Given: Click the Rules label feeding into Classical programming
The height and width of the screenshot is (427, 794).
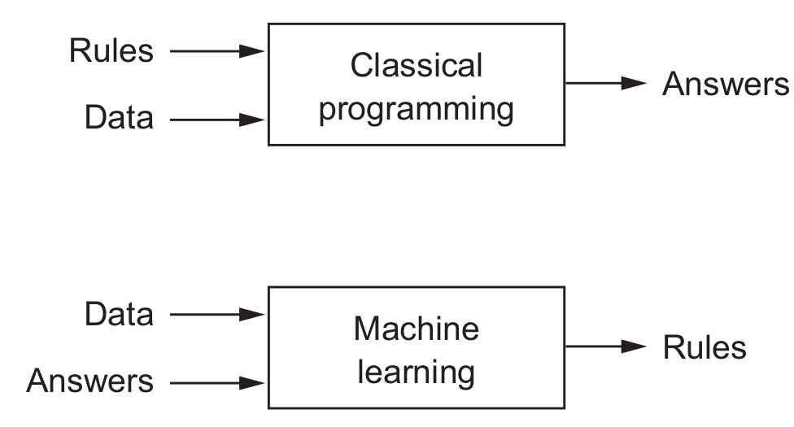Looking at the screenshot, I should (111, 51).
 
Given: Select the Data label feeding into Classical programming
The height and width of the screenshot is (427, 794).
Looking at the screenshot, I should (119, 119).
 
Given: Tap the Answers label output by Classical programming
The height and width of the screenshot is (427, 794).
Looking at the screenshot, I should (725, 84).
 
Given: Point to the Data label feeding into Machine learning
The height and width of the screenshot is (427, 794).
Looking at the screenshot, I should (119, 315).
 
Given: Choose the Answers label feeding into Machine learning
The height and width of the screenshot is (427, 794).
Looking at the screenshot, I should (89, 381).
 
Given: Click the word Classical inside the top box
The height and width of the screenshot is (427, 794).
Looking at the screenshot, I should (416, 66).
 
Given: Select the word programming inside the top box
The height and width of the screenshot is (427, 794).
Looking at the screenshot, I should (416, 109).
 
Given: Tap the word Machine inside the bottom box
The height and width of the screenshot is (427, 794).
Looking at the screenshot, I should (416, 329).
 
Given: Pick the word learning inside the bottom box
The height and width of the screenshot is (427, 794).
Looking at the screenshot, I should (416, 373).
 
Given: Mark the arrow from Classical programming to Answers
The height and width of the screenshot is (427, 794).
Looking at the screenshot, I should (606, 83).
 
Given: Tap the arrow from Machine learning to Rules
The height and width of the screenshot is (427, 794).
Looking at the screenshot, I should (606, 346).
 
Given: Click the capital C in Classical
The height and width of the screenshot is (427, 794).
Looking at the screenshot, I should (360, 66).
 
